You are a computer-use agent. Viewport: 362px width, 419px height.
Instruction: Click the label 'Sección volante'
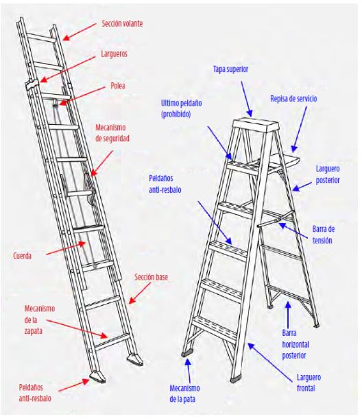(122, 23)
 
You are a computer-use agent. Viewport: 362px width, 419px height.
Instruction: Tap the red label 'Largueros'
(114, 54)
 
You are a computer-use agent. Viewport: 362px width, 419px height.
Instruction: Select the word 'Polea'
(118, 86)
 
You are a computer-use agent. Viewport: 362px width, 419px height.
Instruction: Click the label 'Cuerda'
(22, 256)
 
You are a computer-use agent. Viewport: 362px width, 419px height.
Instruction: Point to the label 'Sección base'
(152, 277)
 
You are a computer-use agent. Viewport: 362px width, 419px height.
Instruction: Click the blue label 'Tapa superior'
(231, 69)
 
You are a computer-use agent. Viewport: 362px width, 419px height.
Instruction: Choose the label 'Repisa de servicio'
(293, 99)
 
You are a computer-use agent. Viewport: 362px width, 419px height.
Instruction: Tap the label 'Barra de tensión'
(323, 235)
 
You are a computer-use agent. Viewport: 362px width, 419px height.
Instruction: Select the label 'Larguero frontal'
(309, 383)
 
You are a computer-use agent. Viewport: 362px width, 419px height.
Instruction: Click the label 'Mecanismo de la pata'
(184, 394)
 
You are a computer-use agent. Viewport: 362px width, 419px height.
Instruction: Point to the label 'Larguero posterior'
(328, 174)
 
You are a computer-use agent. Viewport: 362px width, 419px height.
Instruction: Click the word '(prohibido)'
(176, 115)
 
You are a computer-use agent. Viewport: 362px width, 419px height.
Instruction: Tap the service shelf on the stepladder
(284, 160)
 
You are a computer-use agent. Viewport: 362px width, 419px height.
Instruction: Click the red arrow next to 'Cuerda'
(66, 248)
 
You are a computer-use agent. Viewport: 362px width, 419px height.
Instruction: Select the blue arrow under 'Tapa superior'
(247, 99)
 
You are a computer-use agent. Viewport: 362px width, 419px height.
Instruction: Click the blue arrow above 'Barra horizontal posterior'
(288, 315)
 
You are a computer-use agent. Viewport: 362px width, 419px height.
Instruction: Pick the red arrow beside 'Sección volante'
(79, 32)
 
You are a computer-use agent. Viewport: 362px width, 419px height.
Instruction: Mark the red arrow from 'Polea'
(82, 96)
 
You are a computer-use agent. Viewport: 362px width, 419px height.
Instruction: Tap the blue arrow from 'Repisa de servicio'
(299, 130)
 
